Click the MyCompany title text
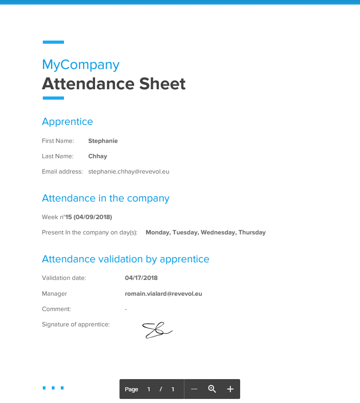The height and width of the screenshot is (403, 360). [x=81, y=65]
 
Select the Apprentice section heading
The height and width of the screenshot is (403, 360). [x=67, y=122]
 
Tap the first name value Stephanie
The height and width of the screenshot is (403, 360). [x=103, y=141]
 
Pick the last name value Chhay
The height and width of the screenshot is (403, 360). [x=97, y=156]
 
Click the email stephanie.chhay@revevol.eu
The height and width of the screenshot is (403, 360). [x=128, y=172]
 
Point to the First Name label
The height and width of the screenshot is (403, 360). [x=58, y=141]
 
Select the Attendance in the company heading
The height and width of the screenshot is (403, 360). [x=105, y=198]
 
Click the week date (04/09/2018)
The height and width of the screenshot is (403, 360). [x=93, y=217]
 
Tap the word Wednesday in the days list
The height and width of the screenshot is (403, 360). [x=218, y=233]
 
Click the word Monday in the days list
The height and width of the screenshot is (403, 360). [x=157, y=233]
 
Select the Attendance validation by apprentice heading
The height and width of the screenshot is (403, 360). [x=125, y=259]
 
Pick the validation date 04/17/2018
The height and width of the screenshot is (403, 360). [x=141, y=278]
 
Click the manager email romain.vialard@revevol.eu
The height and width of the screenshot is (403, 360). [x=163, y=294]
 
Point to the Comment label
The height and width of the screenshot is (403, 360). [x=56, y=309]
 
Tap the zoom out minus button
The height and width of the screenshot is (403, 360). [x=194, y=389]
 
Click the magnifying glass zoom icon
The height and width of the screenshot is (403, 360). [x=212, y=389]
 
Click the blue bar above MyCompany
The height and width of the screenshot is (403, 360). [x=53, y=42]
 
